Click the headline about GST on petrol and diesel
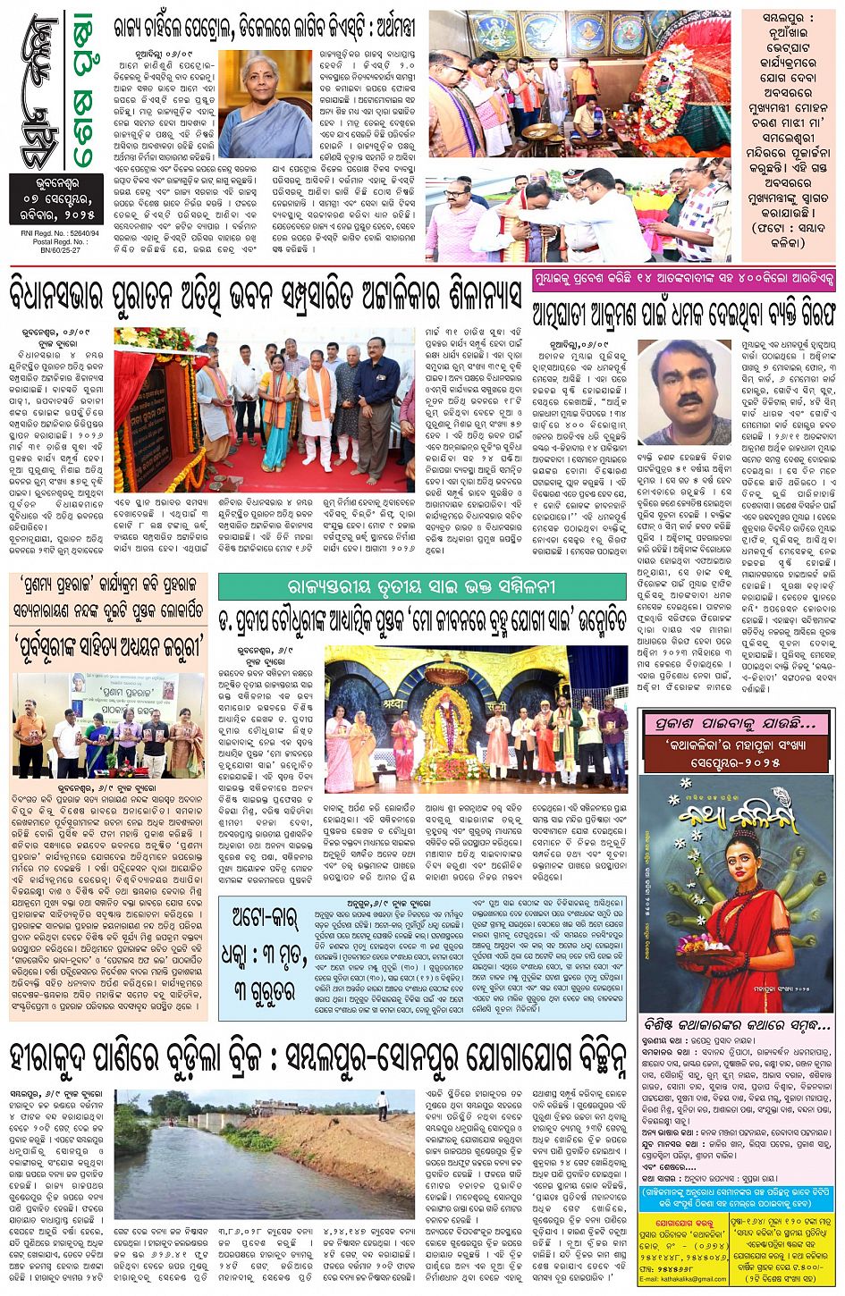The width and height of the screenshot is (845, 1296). pyautogui.click(x=264, y=29)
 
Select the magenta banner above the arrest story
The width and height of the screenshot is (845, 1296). pyautogui.click(x=684, y=280)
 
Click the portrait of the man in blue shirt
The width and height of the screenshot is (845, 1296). pyautogui.click(x=684, y=390)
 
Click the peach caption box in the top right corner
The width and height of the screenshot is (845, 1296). pyautogui.click(x=788, y=134)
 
